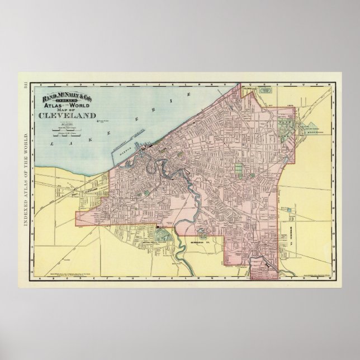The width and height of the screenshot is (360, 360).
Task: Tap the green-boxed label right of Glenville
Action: [268, 89]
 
